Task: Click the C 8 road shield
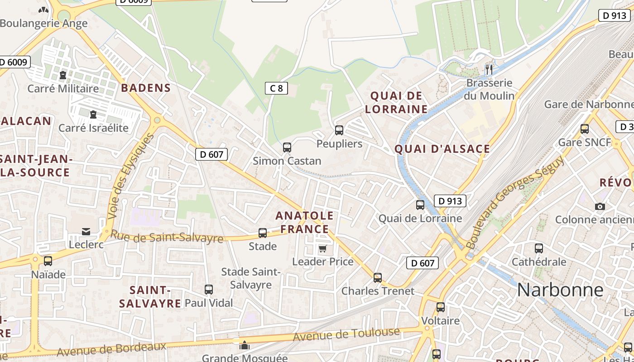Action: tap(276, 88)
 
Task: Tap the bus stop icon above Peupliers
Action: tap(339, 130)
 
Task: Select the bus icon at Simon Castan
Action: tap(287, 147)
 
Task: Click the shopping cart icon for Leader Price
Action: tap(322, 248)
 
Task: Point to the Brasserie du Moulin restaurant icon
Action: tap(489, 69)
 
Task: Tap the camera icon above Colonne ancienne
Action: tap(600, 206)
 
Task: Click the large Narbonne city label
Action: tap(560, 290)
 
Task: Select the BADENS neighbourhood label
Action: tap(146, 88)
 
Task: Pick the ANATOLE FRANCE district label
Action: tap(304, 222)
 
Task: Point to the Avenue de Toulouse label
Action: tap(346, 334)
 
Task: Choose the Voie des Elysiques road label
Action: tap(132, 176)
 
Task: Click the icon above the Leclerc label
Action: tap(86, 232)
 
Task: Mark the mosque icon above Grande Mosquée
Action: tap(245, 346)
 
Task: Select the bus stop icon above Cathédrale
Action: tap(539, 248)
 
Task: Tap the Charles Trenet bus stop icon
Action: tap(378, 277)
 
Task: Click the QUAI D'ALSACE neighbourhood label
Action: tap(442, 149)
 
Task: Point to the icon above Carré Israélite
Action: tap(93, 114)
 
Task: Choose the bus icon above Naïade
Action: tap(48, 261)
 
